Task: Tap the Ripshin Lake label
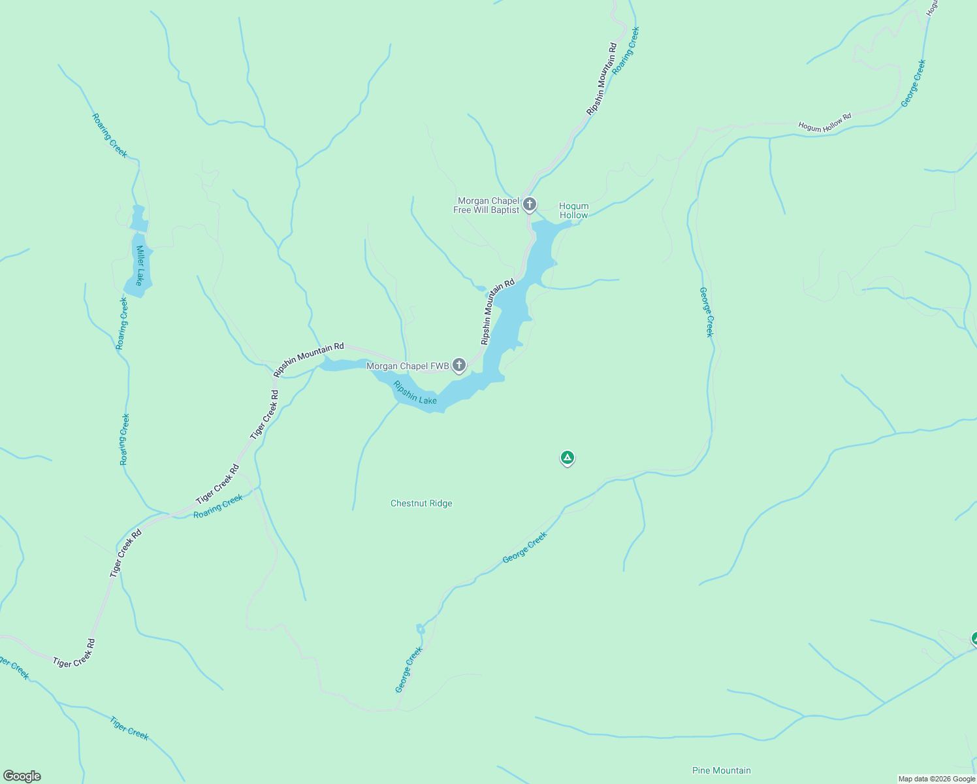(415, 393)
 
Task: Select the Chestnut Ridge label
(421, 504)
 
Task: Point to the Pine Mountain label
(721, 771)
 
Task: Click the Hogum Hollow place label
(573, 210)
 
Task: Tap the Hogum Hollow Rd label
(825, 122)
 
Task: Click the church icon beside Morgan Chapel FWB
(459, 365)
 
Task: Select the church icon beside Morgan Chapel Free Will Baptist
(530, 204)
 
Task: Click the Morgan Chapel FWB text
(408, 367)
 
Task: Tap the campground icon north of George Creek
(568, 458)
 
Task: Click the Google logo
(22, 776)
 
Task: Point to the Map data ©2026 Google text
(937, 779)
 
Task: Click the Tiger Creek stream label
(129, 728)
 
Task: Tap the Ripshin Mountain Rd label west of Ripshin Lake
(308, 360)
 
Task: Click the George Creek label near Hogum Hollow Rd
(913, 84)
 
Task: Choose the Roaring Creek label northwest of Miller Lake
(109, 136)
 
